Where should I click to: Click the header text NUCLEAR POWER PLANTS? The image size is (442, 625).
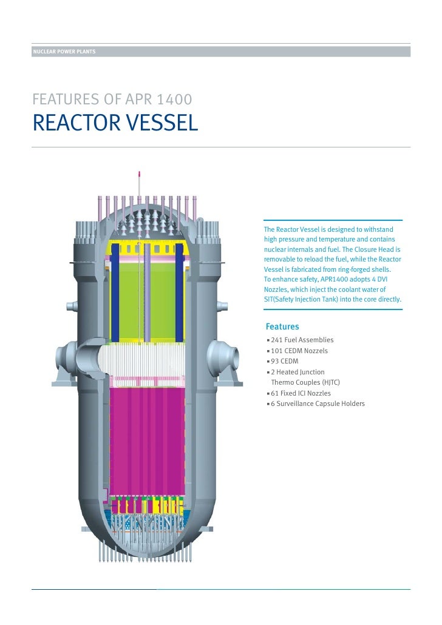pyautogui.click(x=64, y=52)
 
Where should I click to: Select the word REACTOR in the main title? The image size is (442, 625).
pyautogui.click(x=72, y=123)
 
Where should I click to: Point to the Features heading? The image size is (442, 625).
pyautogui.click(x=282, y=326)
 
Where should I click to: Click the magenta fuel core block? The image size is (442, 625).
pyautogui.click(x=148, y=437)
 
